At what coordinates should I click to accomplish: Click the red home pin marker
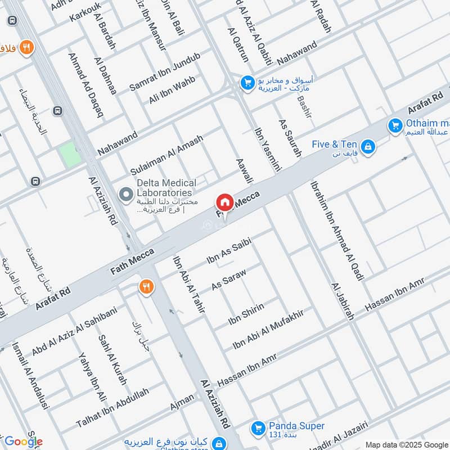[x=224, y=202]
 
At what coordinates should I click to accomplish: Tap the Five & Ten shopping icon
[x=368, y=147]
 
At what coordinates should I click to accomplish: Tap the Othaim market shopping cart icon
[x=395, y=124]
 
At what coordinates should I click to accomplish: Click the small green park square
[x=70, y=154]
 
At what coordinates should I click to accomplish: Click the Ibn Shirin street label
[x=246, y=314]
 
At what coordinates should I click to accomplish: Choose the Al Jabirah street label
[x=343, y=301]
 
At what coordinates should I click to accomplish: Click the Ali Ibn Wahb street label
[x=172, y=90]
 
